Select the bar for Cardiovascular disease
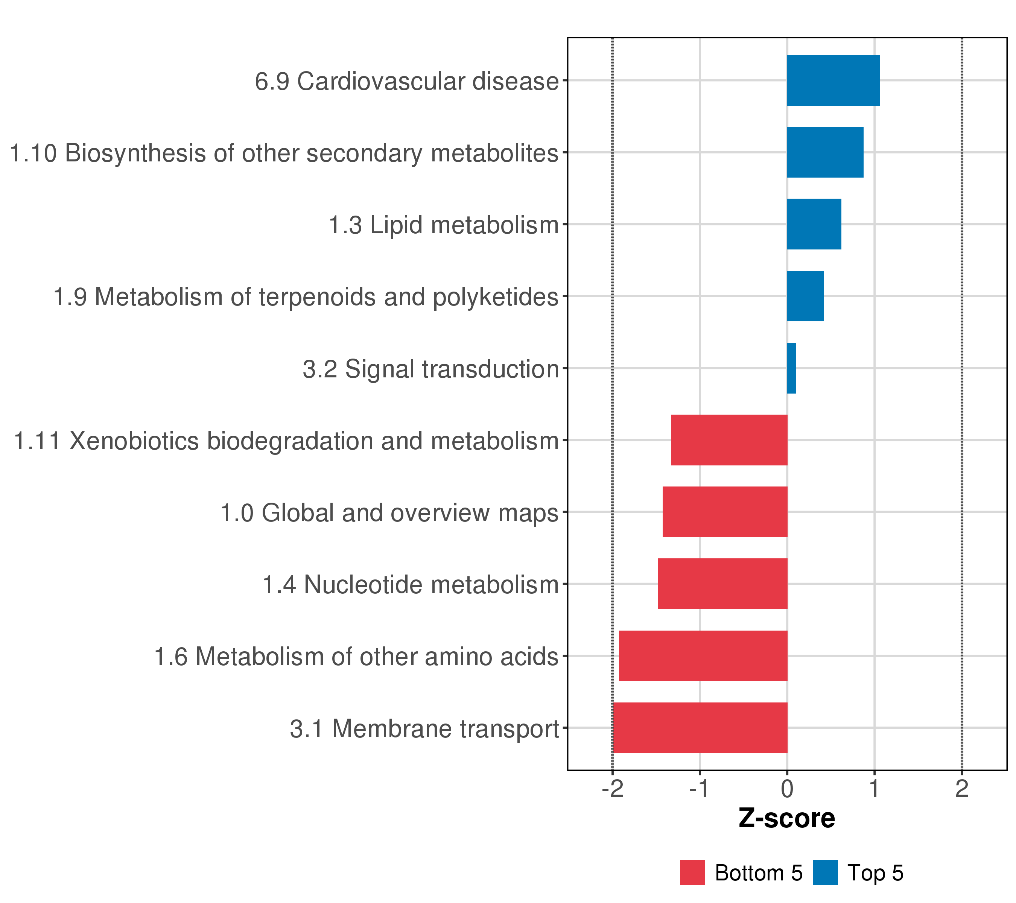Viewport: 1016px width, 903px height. (833, 80)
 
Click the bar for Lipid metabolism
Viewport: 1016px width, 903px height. (814, 224)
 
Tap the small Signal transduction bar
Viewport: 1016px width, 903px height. (791, 368)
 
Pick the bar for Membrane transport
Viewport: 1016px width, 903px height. (700, 728)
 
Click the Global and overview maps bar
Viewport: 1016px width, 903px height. (725, 512)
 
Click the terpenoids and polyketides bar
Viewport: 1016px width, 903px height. (805, 296)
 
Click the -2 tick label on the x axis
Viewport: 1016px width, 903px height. (612, 789)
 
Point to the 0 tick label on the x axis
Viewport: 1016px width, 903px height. (787, 789)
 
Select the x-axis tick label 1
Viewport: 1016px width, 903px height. (874, 789)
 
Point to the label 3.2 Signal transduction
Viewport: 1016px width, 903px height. (430, 369)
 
